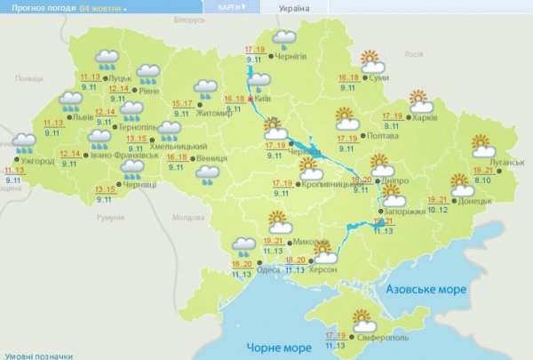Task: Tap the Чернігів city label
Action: (291, 56)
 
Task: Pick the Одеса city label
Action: (273, 264)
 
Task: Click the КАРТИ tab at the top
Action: (229, 7)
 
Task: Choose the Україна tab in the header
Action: (294, 7)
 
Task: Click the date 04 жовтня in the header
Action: (101, 7)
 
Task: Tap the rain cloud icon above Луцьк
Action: (108, 59)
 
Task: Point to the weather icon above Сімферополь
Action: (362, 318)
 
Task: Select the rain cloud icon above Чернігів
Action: (284, 38)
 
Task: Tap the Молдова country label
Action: (187, 217)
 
